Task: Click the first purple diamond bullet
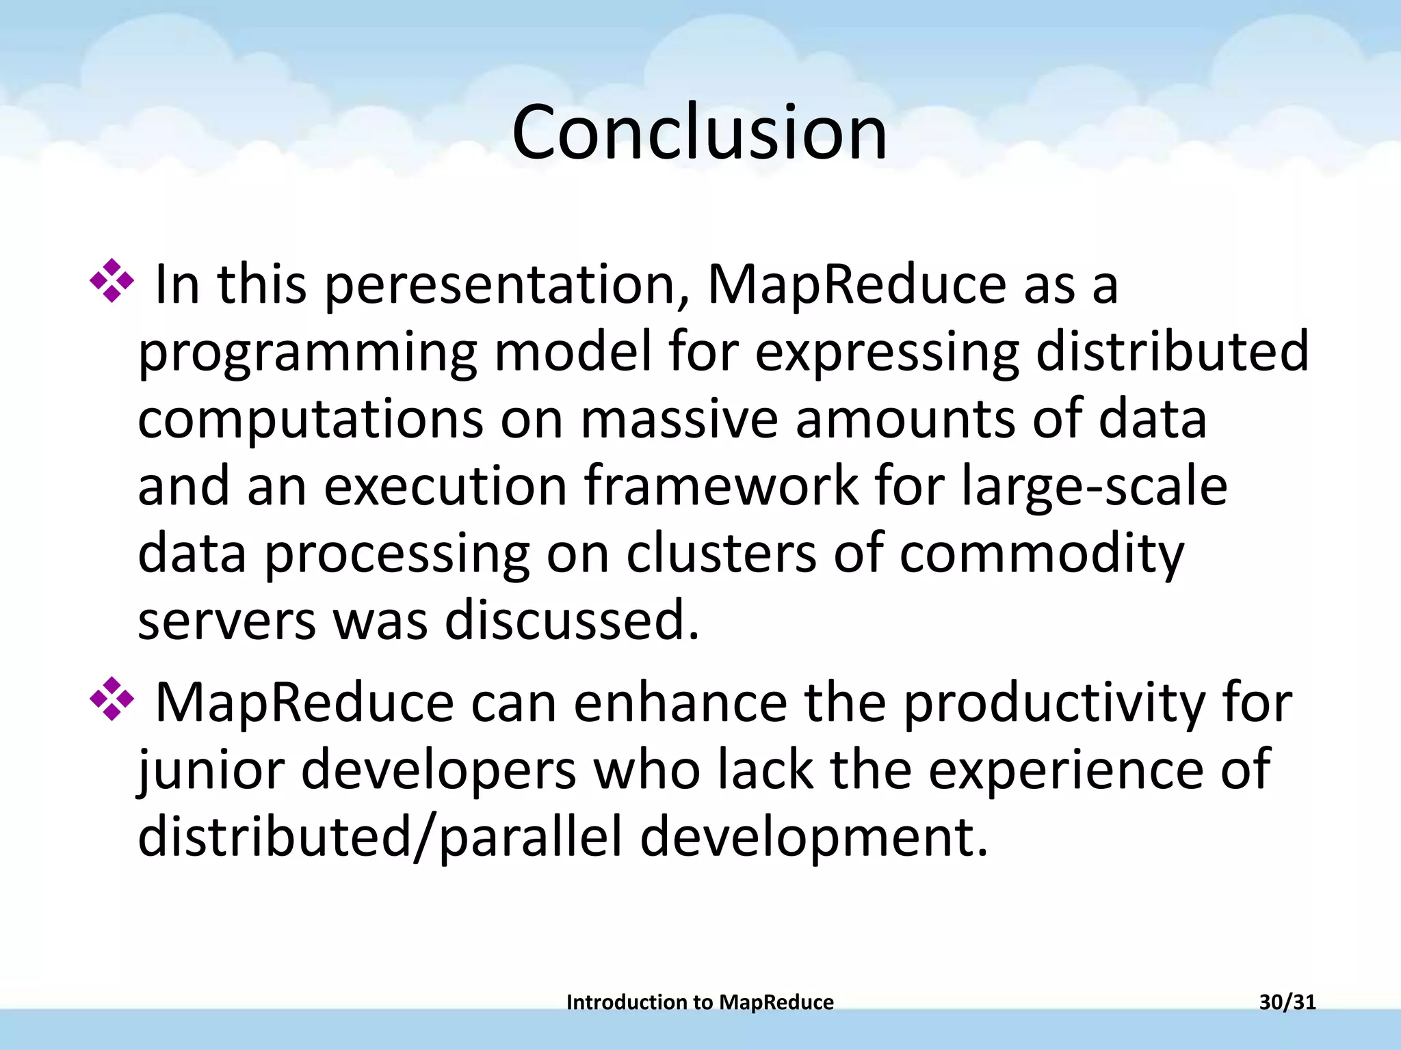pos(112,281)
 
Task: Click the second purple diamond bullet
pos(112,699)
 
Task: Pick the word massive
pos(679,420)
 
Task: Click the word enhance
pos(680,703)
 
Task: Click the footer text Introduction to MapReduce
pos(700,1002)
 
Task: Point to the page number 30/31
pos(1287,1002)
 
